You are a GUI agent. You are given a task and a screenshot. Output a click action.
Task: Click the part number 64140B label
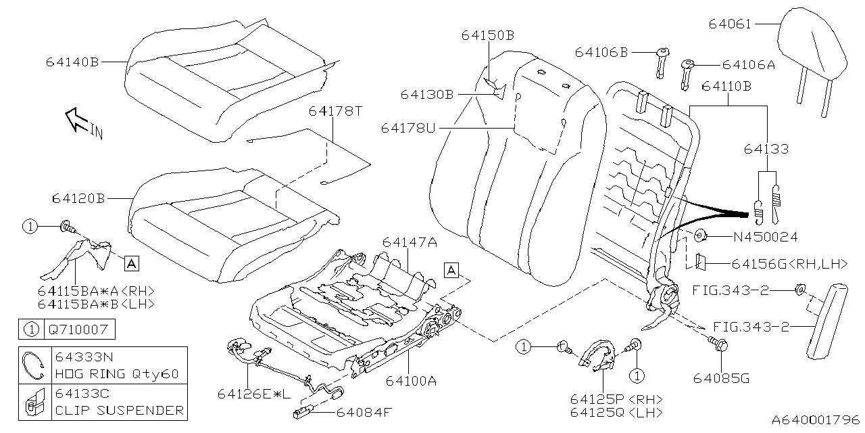[72, 62]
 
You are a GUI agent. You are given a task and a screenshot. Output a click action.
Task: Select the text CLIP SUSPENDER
[119, 410]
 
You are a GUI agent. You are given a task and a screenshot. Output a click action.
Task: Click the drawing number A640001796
[816, 419]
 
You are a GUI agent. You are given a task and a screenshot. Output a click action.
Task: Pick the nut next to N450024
[700, 236]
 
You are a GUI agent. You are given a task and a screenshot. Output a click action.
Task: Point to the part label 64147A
[409, 242]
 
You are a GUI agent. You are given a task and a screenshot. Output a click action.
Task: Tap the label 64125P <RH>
[616, 398]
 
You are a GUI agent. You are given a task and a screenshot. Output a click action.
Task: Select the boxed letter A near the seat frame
[451, 271]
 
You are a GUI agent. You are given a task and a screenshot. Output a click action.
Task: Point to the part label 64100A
[411, 380]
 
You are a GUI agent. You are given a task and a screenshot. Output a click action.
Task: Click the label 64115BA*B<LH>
[96, 304]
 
